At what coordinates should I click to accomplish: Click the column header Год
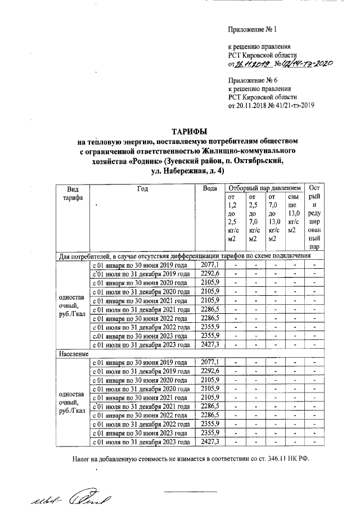[142, 188]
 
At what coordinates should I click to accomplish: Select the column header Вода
[209, 188]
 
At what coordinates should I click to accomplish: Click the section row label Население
[74, 354]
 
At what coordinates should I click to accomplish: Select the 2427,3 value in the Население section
[209, 442]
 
